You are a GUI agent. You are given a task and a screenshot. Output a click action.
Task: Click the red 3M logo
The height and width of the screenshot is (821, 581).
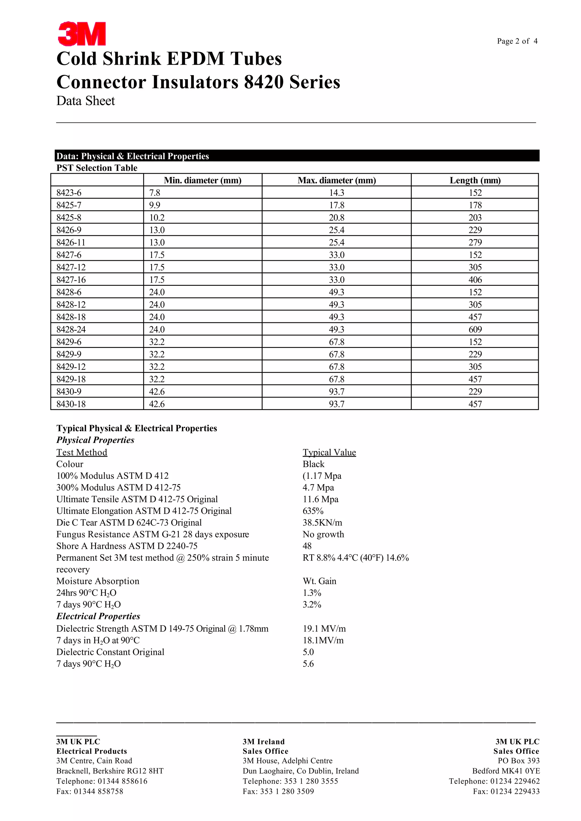(82, 34)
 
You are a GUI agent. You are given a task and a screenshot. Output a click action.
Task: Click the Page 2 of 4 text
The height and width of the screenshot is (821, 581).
(517, 41)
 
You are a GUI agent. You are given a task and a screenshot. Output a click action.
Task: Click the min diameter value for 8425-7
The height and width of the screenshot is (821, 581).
(155, 205)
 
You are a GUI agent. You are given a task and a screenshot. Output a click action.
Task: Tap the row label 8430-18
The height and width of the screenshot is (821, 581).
(71, 404)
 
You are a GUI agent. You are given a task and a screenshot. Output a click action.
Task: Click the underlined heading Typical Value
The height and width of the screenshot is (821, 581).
(329, 452)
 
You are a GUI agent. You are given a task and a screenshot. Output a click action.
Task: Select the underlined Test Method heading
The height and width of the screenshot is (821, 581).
(82, 452)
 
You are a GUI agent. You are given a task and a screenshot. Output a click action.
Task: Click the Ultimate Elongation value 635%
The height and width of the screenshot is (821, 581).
(313, 511)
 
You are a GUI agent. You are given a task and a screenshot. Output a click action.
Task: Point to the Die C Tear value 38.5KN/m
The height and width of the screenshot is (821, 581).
(322, 523)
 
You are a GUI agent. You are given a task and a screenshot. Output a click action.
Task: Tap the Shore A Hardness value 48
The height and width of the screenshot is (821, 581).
(307, 546)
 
